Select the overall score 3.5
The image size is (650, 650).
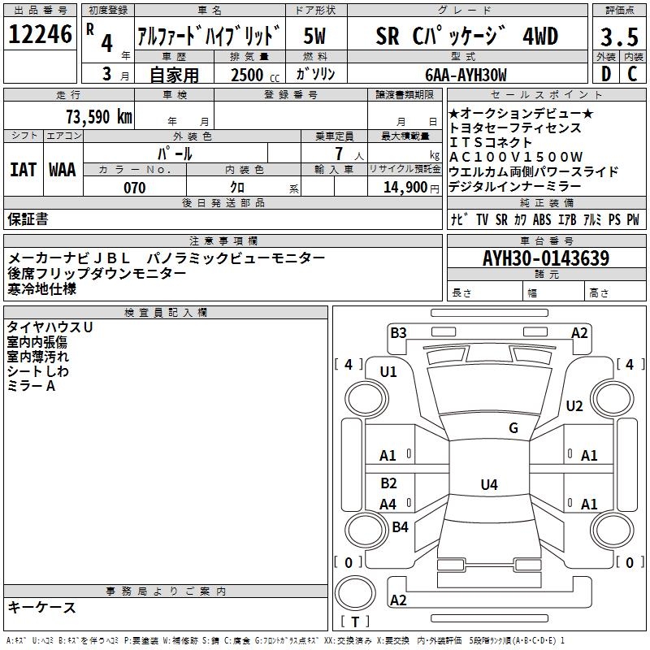pos(618,37)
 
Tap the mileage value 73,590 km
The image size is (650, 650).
pos(98,116)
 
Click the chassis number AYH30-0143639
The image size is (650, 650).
pos(545,258)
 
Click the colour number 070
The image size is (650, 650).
pos(134,188)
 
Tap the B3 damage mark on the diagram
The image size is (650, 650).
pos(397,331)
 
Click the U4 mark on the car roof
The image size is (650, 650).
pos(488,485)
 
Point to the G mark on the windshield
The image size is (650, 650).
pos(513,428)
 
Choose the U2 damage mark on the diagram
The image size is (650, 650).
pos(574,405)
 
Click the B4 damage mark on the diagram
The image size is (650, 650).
pos(400,526)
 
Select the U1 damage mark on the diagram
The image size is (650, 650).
pos(388,371)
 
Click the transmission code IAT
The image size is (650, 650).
pos(23,169)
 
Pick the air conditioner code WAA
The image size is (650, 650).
pos(63,169)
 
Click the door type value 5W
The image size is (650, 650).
pos(314,35)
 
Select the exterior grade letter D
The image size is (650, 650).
pos(605,74)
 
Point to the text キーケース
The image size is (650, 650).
pos(41,607)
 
